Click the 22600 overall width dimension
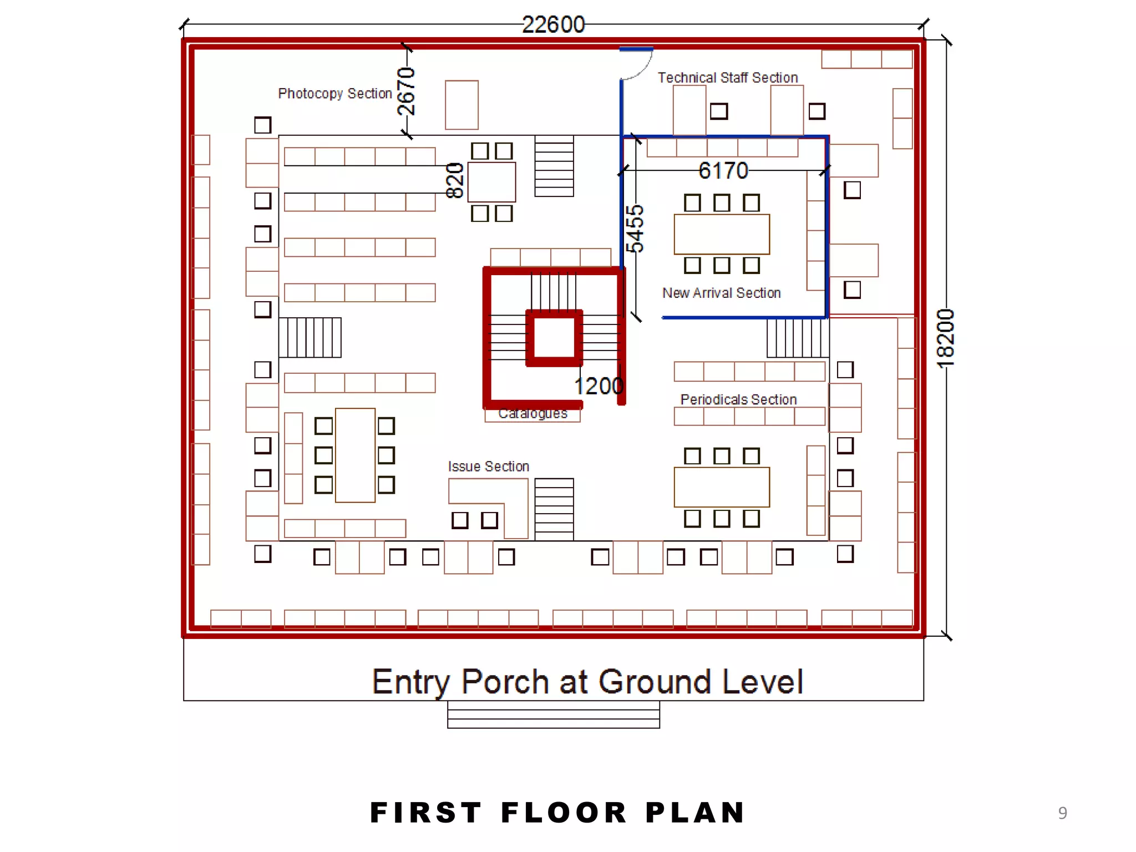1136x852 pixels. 553,24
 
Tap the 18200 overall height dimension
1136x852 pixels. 945,338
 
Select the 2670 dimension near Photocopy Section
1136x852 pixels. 406,92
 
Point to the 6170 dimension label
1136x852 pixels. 723,170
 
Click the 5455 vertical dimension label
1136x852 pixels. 635,229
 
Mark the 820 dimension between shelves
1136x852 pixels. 455,180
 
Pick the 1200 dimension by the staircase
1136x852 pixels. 599,386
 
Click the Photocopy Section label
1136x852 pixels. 334,93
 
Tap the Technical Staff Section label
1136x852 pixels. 727,78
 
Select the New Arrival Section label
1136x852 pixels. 721,293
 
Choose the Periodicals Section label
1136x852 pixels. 738,399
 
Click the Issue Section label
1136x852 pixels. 488,466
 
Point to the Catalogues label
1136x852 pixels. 532,414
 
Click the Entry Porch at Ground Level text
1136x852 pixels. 587,682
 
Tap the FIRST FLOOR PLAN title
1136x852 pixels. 557,813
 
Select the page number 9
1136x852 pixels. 1062,813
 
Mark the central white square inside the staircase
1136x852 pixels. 554,338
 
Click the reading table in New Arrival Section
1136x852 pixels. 722,234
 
